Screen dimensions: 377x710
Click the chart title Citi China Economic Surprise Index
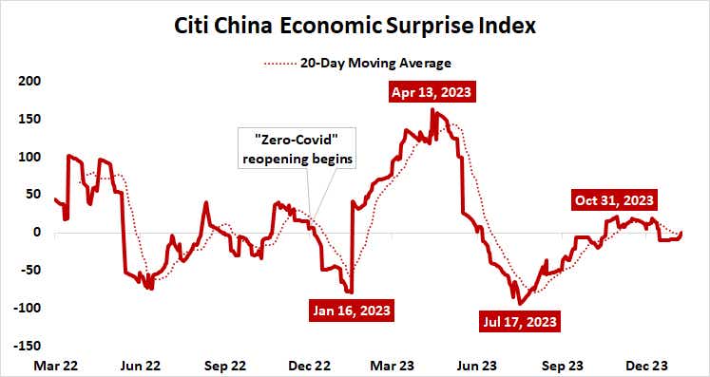pos(355,26)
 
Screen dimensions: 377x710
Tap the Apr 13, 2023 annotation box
pos(432,93)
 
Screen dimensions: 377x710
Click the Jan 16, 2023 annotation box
pos(352,311)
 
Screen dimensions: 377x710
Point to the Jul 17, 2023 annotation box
pos(519,320)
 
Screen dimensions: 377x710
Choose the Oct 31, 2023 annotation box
pos(614,199)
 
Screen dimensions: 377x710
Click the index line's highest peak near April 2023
pos(432,110)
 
